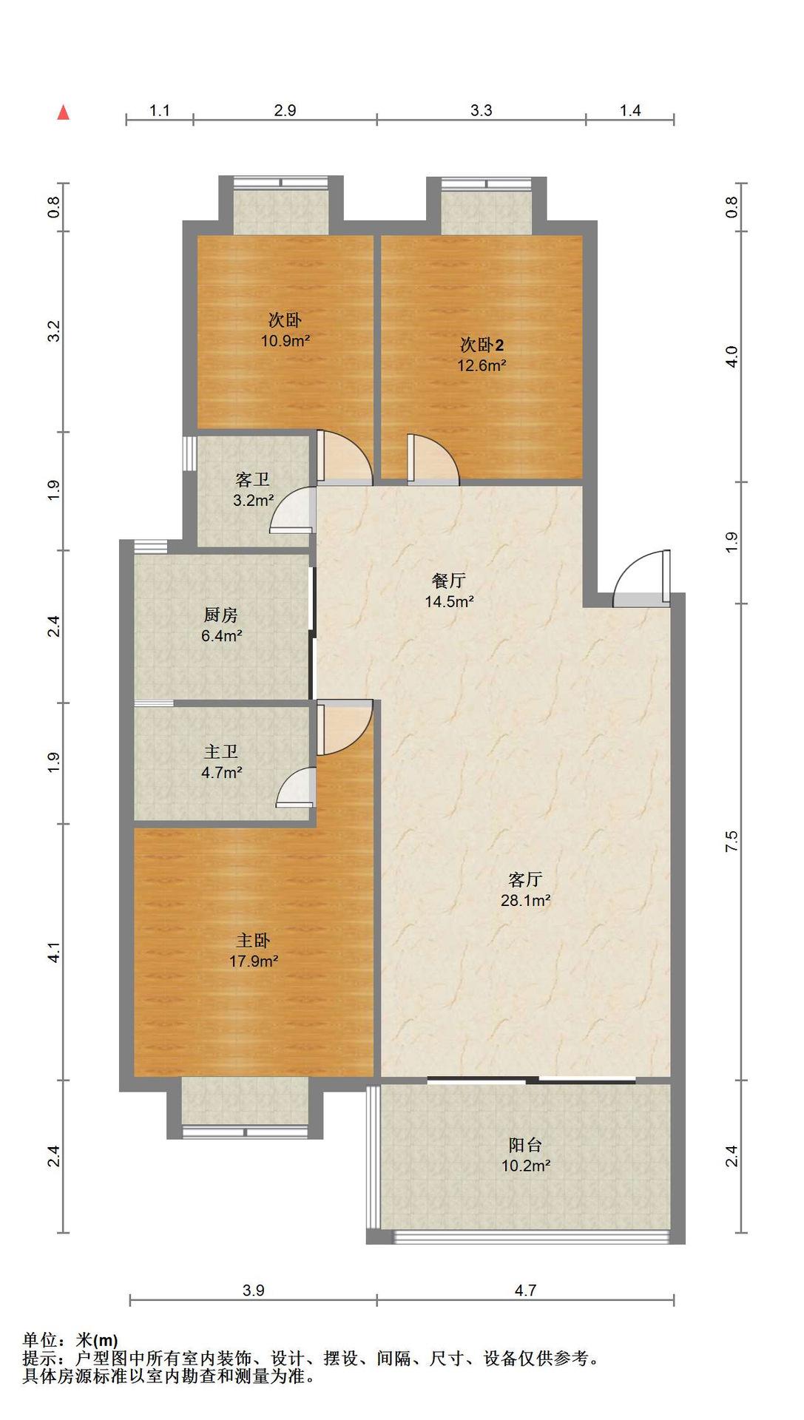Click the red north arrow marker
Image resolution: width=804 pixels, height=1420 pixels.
pos(64,112)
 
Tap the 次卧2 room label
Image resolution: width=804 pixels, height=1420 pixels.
pos(482,345)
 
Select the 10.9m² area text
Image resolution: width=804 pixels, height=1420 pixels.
pos(285,341)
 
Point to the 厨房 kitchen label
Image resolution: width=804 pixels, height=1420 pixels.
pos(221,615)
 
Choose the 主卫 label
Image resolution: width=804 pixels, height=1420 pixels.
pos(221,752)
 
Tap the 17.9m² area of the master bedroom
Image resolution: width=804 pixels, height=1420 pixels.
pos(254,961)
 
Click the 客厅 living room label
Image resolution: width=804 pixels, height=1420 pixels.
pos(525,879)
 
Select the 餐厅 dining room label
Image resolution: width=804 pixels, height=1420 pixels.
pos(449,581)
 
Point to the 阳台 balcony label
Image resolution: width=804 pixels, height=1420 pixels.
pos(525,1145)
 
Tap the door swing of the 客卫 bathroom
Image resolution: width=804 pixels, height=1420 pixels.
pos(292,510)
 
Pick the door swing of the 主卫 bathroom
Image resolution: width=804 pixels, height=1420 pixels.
pos(296,787)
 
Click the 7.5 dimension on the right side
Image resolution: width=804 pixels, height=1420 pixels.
pos(732,842)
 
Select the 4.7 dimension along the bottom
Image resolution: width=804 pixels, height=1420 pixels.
pos(525,1290)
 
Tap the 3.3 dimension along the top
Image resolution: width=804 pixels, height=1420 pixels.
pos(481,110)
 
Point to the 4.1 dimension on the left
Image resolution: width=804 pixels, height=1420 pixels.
pos(53,953)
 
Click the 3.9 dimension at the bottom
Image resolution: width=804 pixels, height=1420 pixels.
pos(253,1290)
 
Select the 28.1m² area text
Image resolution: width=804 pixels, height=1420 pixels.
pos(525,900)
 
